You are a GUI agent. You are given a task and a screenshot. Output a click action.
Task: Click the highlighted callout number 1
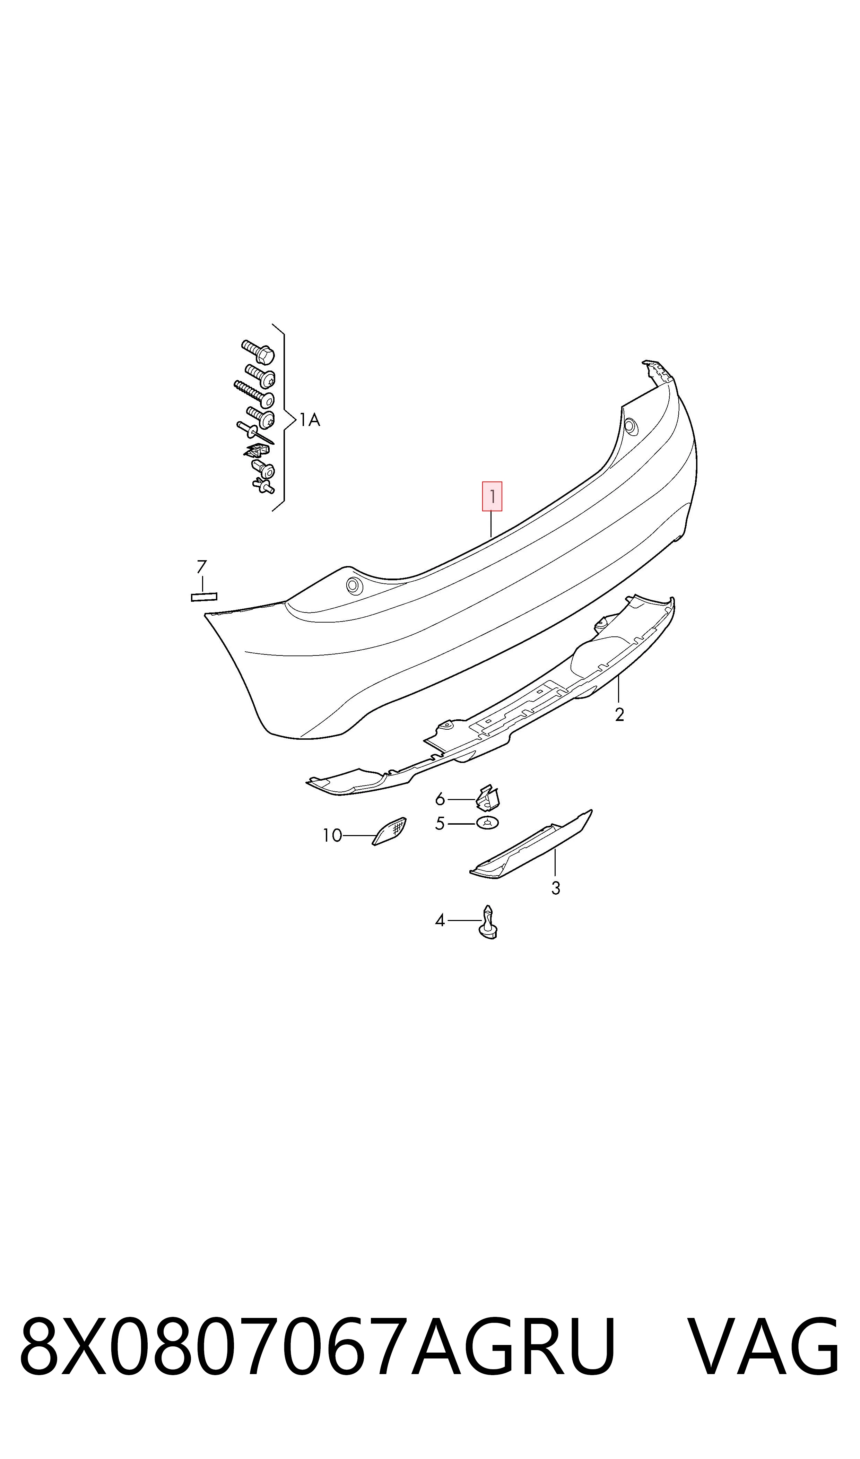pos(492,497)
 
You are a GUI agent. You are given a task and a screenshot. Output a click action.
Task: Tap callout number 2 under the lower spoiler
pos(619,715)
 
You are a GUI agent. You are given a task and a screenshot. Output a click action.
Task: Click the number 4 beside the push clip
pos(440,920)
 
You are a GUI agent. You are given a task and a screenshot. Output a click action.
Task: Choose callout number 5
pos(440,823)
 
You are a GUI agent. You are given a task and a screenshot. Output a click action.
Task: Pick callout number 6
pos(440,800)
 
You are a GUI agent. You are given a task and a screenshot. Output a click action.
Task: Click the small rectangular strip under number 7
pos(204,597)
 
